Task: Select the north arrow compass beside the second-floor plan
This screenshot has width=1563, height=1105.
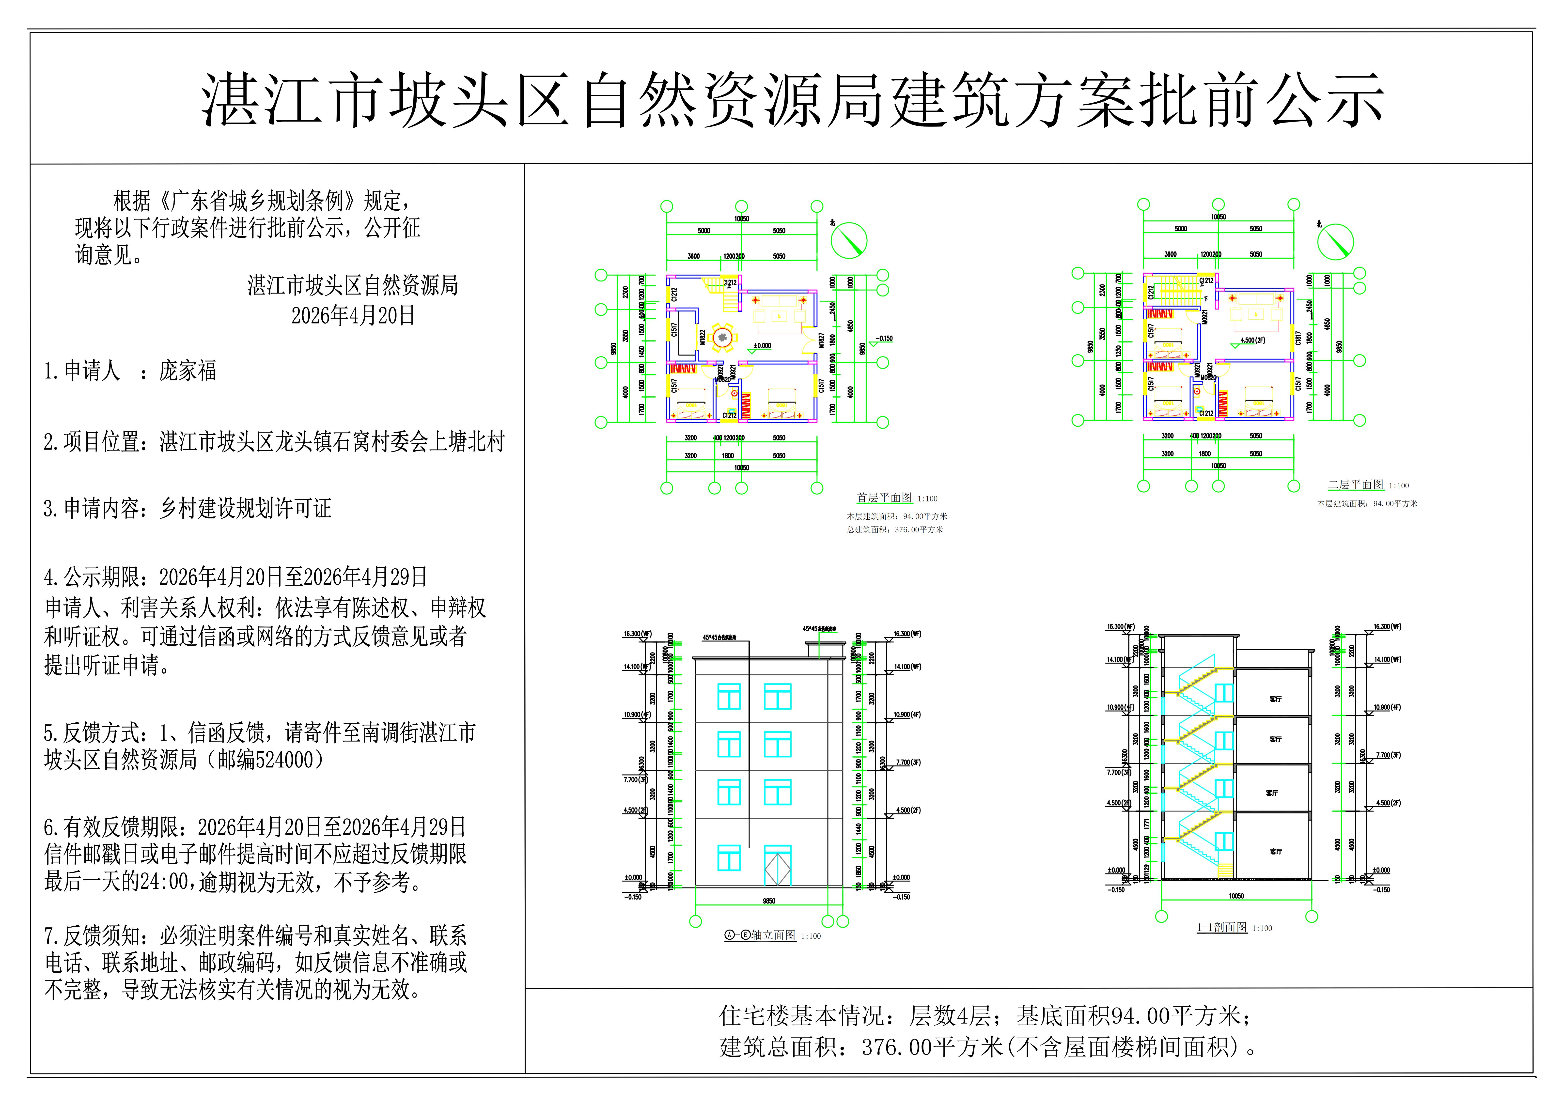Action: (x=1336, y=242)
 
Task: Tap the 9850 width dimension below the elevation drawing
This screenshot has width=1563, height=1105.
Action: (x=769, y=901)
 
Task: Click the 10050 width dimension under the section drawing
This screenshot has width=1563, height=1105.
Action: (x=1236, y=896)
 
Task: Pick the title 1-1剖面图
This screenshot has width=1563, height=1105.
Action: (x=1222, y=927)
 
